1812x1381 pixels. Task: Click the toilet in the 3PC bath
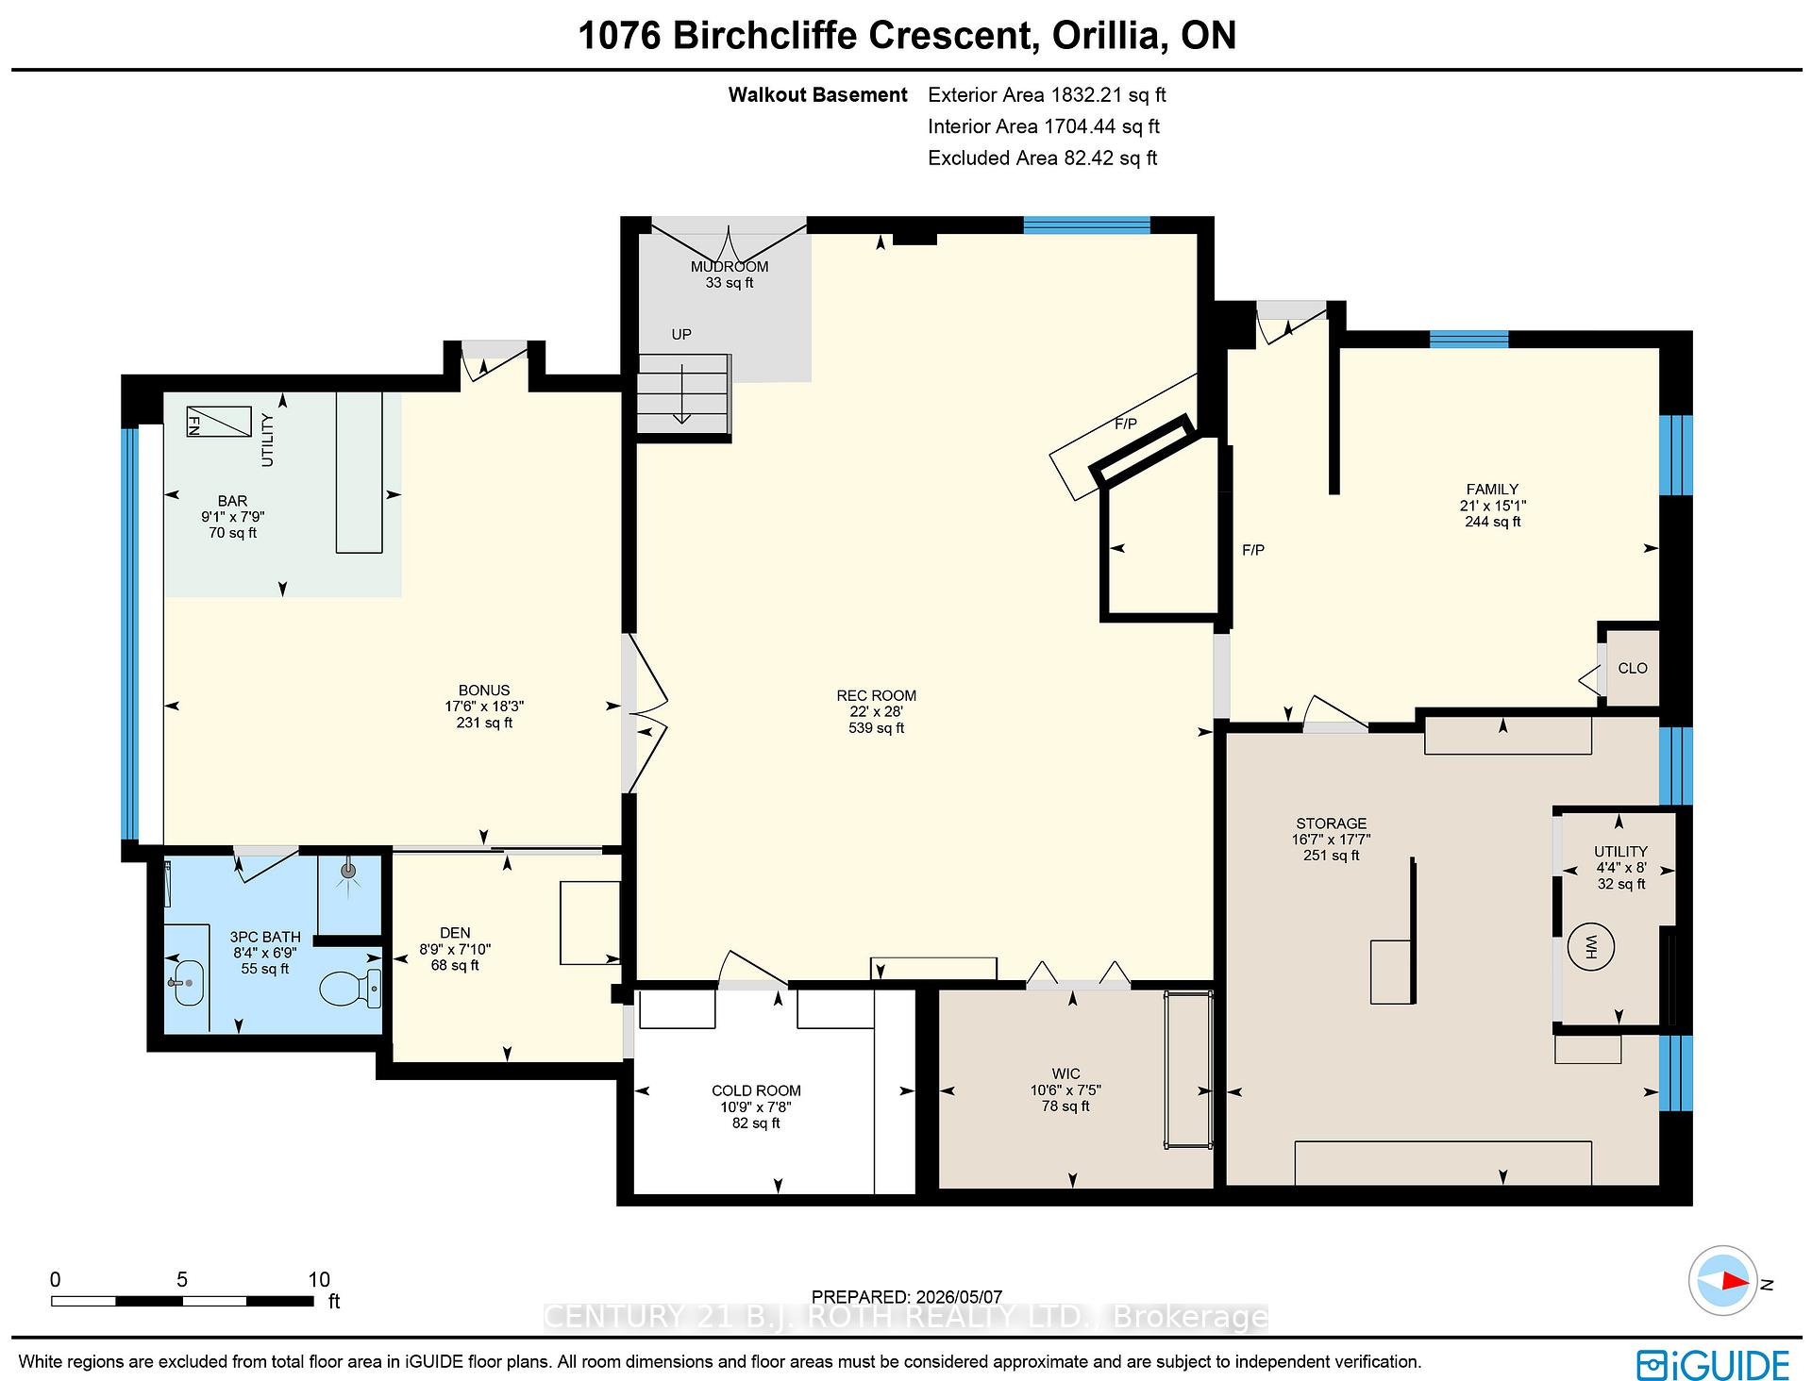[350, 989]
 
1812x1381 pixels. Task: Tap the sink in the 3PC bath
[187, 981]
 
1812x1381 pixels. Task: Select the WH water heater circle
[1590, 947]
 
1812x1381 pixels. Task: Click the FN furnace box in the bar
[218, 422]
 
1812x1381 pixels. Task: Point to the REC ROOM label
[876, 696]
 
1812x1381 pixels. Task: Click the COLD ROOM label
[756, 1091]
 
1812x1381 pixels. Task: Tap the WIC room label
[1065, 1073]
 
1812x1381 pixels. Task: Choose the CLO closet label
[1632, 668]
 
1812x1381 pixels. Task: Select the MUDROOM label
[730, 267]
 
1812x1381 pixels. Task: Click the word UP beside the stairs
[681, 334]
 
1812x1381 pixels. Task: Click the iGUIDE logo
[1713, 1365]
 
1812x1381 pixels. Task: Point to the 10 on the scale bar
[319, 1279]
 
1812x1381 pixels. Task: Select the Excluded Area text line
[1043, 158]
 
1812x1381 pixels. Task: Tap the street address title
[906, 36]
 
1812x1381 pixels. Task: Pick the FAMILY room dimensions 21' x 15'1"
[1492, 506]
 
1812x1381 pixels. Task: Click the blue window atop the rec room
[1087, 225]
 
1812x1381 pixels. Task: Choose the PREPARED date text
[907, 1297]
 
